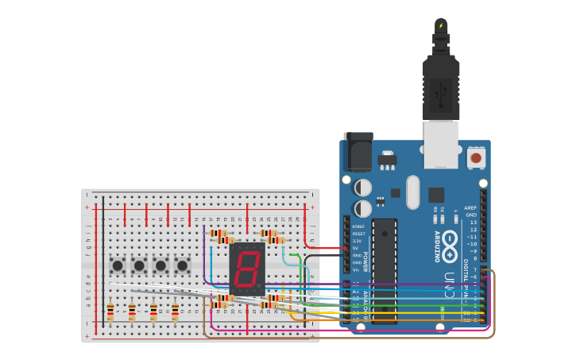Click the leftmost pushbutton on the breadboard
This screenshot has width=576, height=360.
pyautogui.click(x=118, y=265)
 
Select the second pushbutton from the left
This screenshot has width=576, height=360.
pyautogui.click(x=139, y=265)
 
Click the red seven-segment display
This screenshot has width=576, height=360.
pyautogui.click(x=246, y=269)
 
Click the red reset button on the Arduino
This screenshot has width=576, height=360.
pyautogui.click(x=476, y=157)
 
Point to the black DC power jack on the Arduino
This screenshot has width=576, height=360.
pyautogui.click(x=358, y=151)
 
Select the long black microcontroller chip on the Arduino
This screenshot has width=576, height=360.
pyautogui.click(x=384, y=270)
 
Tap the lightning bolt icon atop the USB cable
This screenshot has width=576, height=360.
pyautogui.click(x=441, y=25)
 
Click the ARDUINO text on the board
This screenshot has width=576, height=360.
pyautogui.click(x=436, y=247)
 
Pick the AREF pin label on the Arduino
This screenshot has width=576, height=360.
pyautogui.click(x=470, y=207)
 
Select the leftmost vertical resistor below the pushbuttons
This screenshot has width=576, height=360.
pyautogui.click(x=110, y=312)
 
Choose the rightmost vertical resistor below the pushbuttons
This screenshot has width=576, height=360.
pyautogui.click(x=175, y=312)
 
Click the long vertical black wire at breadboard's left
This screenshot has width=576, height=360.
pyautogui.click(x=102, y=262)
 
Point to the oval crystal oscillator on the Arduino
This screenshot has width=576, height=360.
pyautogui.click(x=412, y=192)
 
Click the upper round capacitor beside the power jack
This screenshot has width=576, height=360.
pyautogui.click(x=363, y=188)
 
